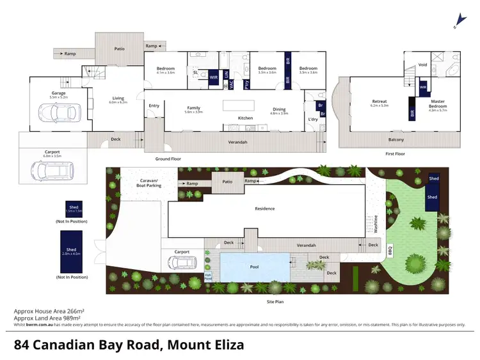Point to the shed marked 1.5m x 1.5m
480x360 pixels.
click(74, 208)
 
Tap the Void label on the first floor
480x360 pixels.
click(423, 65)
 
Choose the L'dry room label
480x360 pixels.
click(313, 119)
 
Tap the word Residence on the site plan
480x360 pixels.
click(264, 208)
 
